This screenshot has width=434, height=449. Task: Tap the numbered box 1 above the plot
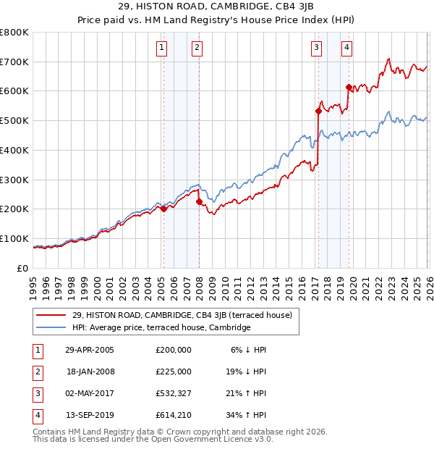(161, 49)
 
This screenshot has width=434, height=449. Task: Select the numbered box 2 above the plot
(197, 49)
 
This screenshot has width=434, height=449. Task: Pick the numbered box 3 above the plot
(317, 49)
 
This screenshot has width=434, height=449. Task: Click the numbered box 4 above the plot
(347, 49)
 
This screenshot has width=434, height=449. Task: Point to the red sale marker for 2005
(163, 209)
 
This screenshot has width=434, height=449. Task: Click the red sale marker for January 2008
(199, 201)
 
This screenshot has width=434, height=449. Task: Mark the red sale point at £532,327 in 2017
(318, 111)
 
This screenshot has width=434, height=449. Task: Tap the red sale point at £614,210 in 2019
(348, 87)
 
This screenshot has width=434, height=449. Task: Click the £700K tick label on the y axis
(14, 62)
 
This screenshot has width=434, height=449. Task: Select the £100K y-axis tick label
(14, 238)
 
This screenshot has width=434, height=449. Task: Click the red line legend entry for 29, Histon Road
(182, 315)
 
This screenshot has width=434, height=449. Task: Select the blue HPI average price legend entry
(161, 327)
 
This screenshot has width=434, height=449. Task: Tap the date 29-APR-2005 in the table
(90, 350)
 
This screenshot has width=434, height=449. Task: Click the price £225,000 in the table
(173, 372)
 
